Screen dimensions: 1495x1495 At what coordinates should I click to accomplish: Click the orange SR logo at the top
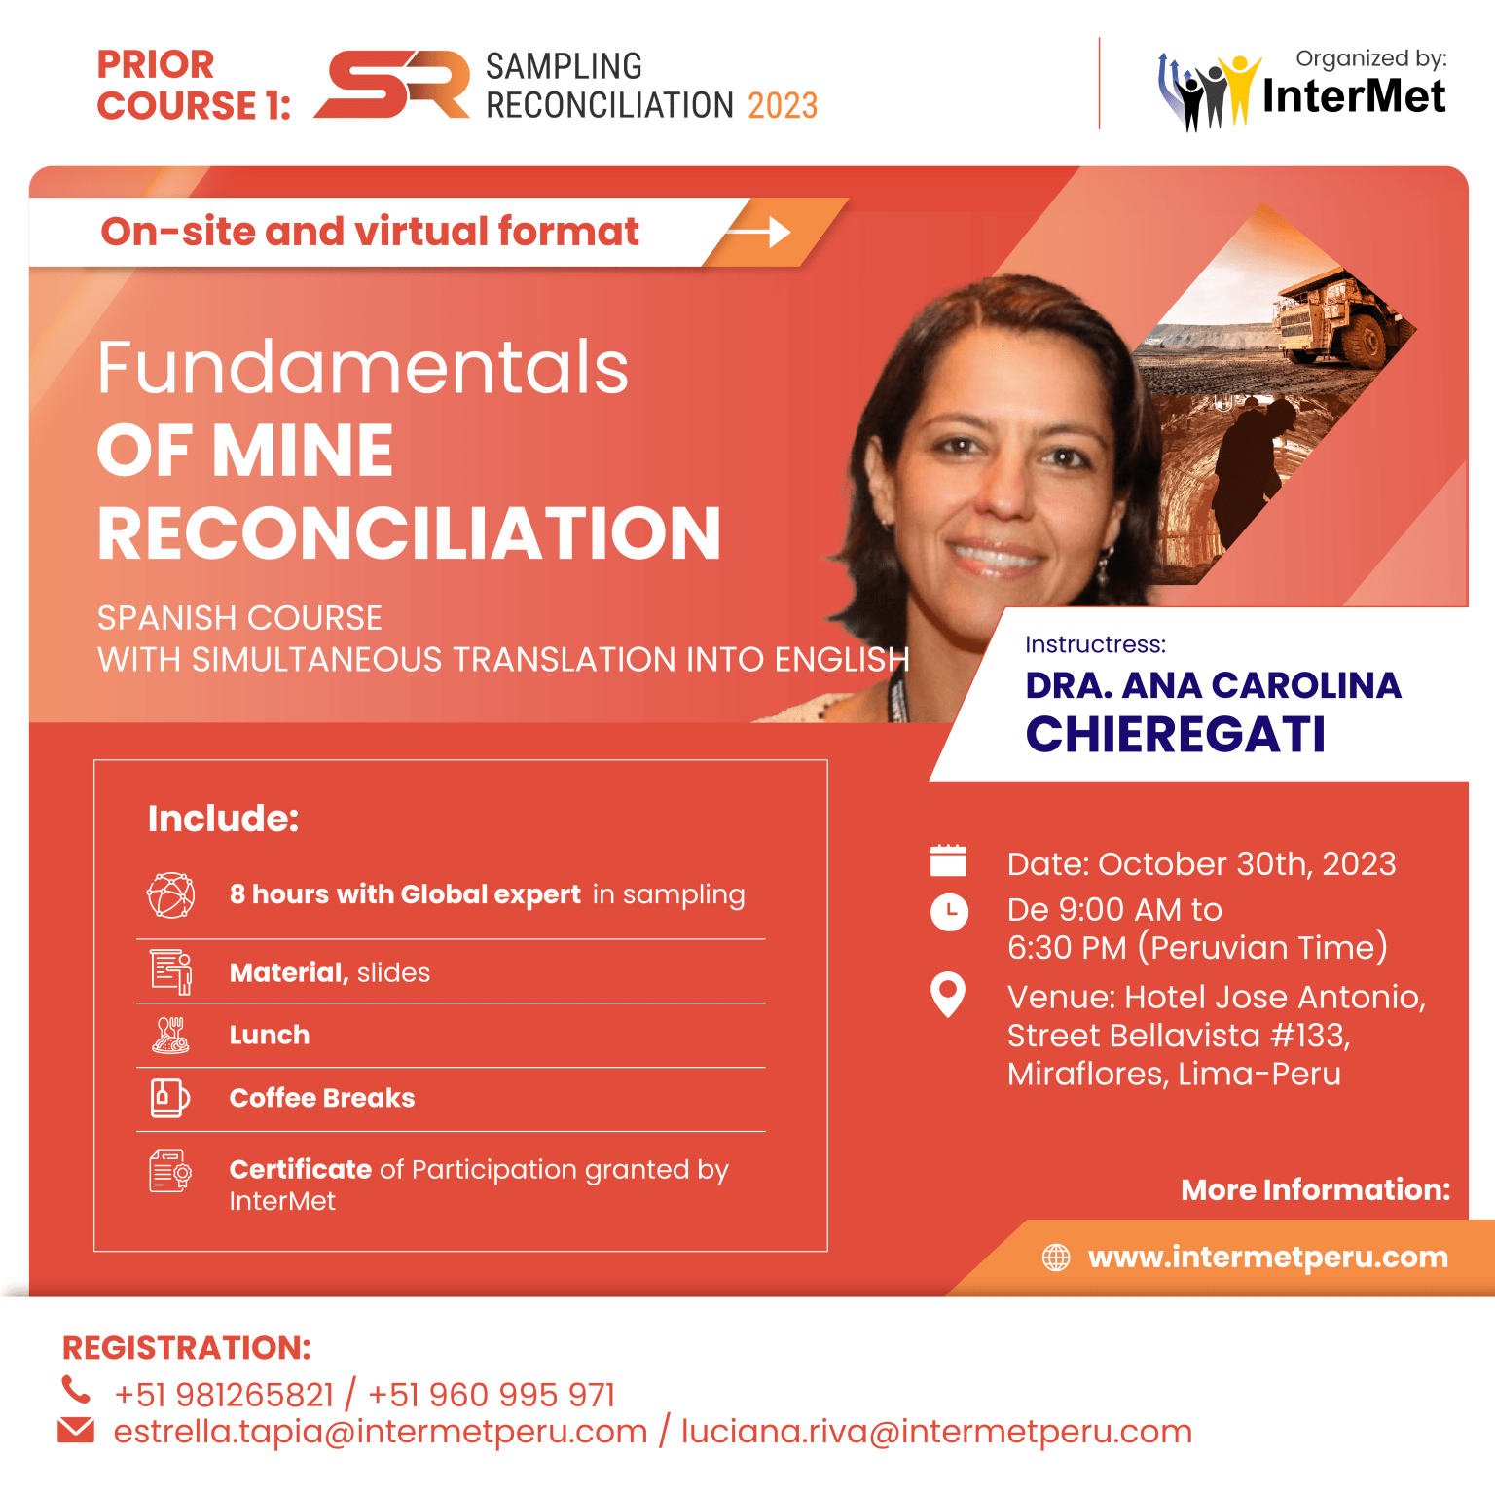tap(392, 85)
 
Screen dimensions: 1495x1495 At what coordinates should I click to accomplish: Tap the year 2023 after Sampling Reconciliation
tap(783, 105)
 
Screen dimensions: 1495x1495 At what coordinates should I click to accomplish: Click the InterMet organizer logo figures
tap(1207, 92)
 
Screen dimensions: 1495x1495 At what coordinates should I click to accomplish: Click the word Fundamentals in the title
tap(363, 368)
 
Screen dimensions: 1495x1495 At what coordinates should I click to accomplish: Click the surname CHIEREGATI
tap(1175, 735)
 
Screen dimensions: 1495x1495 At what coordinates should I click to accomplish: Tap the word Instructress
tap(1095, 644)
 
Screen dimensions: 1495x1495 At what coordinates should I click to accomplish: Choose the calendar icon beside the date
tap(948, 861)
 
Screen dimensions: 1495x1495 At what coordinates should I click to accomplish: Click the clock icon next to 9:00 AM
tap(949, 912)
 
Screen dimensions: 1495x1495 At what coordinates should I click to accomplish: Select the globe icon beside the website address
tap(1056, 1258)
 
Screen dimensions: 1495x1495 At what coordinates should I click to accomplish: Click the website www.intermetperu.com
tap(1267, 1258)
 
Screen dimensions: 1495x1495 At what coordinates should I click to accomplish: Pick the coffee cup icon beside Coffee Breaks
tap(169, 1098)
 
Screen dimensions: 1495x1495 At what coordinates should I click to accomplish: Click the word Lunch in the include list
tap(270, 1035)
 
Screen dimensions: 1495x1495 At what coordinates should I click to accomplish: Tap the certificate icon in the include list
tap(169, 1172)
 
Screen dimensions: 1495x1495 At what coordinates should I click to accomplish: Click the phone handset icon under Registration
tap(76, 1390)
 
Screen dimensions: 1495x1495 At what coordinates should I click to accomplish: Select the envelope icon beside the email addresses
tap(76, 1430)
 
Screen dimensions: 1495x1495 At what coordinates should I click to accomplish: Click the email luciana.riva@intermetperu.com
tap(936, 1432)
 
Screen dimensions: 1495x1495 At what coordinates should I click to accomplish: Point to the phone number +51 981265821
tap(224, 1395)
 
